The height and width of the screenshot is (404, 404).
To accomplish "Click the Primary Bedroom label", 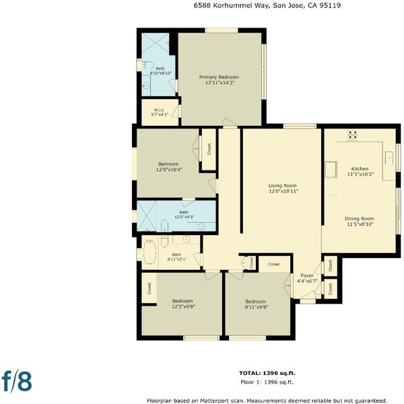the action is click(x=219, y=77).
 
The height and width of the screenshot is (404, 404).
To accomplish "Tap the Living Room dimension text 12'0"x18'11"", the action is click(x=283, y=191).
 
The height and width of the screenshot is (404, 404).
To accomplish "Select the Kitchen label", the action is click(x=360, y=168).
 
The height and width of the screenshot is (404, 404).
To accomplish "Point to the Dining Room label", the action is click(x=359, y=218).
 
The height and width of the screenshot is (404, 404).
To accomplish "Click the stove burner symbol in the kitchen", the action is click(x=352, y=135).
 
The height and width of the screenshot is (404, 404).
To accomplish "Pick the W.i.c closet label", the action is click(x=159, y=110).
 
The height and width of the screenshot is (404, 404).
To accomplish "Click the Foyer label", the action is click(x=307, y=275).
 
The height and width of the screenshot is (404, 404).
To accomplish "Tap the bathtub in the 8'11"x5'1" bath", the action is click(x=149, y=252).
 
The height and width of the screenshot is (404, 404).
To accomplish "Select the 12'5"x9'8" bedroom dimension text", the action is click(x=183, y=306).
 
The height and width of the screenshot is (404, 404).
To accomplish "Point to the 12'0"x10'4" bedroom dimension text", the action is click(x=169, y=170).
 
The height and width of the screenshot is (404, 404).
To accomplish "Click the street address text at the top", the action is click(x=267, y=5).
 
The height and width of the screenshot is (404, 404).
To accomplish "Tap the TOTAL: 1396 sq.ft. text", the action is click(x=267, y=373).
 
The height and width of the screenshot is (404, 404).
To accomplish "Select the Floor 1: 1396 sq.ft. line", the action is click(x=267, y=382).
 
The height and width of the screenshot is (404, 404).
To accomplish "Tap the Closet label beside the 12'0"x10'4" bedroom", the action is click(x=209, y=149).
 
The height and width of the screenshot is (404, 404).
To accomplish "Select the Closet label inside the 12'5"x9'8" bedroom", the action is click(x=149, y=288).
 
